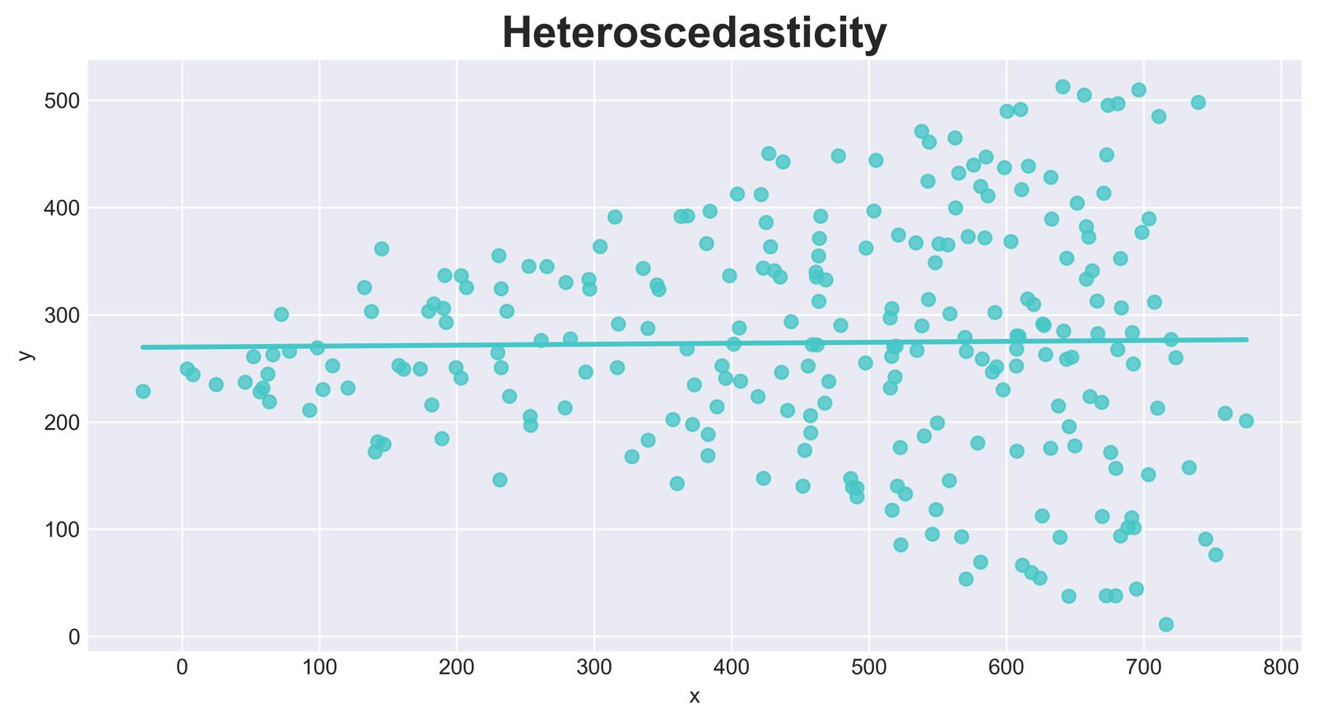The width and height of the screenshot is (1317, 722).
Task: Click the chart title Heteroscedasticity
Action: pyautogui.click(x=694, y=34)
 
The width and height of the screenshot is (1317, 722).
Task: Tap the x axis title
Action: pyautogui.click(x=694, y=697)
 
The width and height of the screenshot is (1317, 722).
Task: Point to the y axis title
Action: pyautogui.click(x=26, y=355)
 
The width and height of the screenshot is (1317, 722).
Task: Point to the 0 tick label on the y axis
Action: pyautogui.click(x=74, y=637)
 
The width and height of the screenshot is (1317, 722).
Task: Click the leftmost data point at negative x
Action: pyautogui.click(x=143, y=391)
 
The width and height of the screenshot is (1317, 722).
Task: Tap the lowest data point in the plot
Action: pyautogui.click(x=1166, y=624)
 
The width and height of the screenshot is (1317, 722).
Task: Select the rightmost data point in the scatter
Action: pyautogui.click(x=1246, y=421)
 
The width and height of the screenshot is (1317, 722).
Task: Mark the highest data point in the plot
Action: pyautogui.click(x=1063, y=86)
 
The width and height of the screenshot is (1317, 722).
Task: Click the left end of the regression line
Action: pyautogui.click(x=142, y=347)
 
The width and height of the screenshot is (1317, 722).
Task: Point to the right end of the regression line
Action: pyautogui.click(x=1247, y=339)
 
